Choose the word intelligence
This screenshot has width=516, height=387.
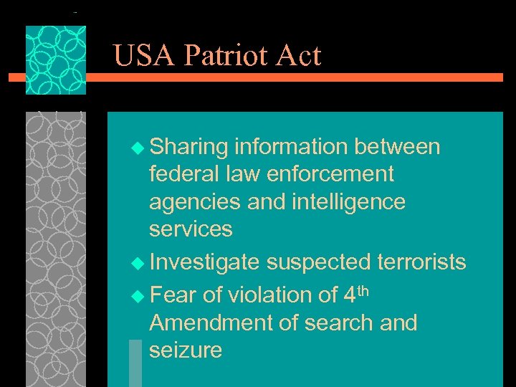coord(344,203)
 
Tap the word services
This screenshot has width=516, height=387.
coord(191,230)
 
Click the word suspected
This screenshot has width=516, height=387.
coord(318,263)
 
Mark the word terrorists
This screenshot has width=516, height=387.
coord(421,263)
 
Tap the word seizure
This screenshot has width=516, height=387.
coord(186,350)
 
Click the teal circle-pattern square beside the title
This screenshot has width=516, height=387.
coord(56,60)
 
